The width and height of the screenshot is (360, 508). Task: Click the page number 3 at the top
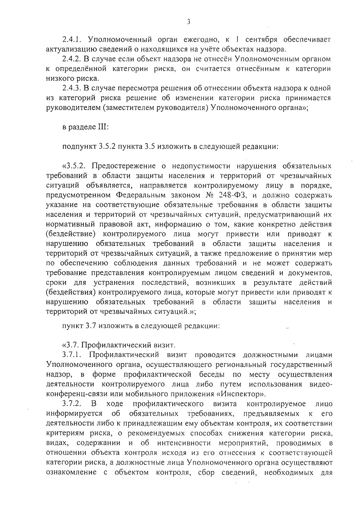188,22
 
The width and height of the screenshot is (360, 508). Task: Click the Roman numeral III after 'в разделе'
102,127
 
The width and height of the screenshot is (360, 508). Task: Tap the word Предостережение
123,166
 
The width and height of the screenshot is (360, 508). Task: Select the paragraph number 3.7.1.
72,355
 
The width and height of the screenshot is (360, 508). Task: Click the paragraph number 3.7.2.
72,404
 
